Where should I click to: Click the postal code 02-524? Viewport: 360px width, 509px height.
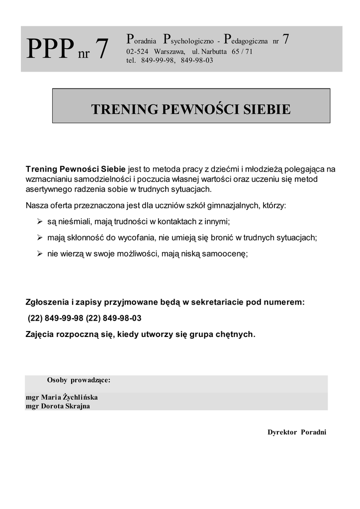[137, 51]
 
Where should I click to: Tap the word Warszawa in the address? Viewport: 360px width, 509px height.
[170, 51]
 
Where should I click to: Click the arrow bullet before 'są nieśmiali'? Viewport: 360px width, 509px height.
[40, 221]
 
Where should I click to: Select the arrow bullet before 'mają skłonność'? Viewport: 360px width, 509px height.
[40, 237]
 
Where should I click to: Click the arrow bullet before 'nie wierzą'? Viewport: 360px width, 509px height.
[40, 254]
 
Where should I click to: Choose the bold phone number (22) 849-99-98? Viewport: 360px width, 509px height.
[55, 318]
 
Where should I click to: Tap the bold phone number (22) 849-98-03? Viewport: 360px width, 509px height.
[114, 318]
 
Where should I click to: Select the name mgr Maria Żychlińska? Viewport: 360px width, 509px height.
[62, 397]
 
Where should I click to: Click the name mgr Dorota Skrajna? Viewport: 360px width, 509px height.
[58, 406]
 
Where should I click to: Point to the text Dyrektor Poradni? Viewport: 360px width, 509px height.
[297, 432]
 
